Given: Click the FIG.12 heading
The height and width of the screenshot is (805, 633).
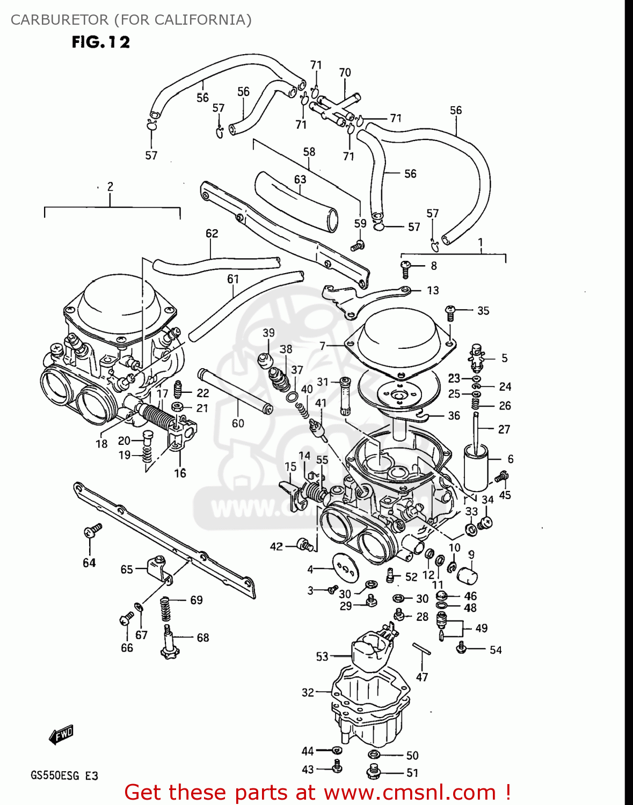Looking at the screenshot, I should pyautogui.click(x=101, y=42).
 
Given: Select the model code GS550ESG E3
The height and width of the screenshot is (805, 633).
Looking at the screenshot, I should pyautogui.click(x=64, y=775).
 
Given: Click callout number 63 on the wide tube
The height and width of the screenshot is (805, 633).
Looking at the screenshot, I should pyautogui.click(x=300, y=179).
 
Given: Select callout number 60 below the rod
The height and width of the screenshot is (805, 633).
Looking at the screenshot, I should pyautogui.click(x=238, y=423).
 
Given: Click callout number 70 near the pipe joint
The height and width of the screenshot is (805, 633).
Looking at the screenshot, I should pyautogui.click(x=345, y=72).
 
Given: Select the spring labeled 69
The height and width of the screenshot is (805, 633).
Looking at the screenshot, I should pyautogui.click(x=166, y=610).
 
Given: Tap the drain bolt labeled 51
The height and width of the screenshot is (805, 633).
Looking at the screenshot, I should pyautogui.click(x=374, y=773).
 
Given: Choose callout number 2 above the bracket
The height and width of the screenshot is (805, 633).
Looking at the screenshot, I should pyautogui.click(x=110, y=187).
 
